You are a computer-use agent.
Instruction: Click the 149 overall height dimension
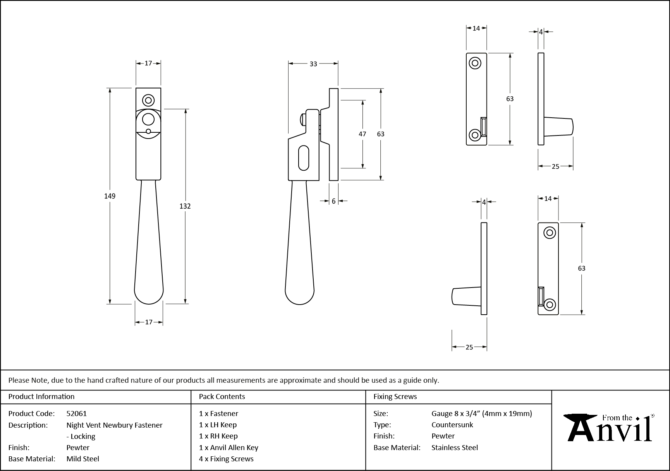click(x=110, y=196)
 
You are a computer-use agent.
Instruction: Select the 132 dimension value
click(x=185, y=206)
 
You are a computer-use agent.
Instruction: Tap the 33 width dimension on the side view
click(x=313, y=64)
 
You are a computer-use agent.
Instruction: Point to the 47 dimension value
click(x=362, y=134)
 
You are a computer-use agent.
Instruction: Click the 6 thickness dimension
click(x=333, y=201)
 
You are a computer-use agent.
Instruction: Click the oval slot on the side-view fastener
click(x=304, y=158)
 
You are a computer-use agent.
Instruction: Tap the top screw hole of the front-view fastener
click(x=148, y=100)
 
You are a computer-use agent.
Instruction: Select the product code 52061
click(x=77, y=413)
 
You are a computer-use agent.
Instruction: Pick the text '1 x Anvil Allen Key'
click(x=228, y=447)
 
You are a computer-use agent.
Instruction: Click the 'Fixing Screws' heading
click(x=395, y=396)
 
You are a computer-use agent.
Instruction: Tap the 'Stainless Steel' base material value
click(x=455, y=447)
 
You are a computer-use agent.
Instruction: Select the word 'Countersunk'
click(x=452, y=425)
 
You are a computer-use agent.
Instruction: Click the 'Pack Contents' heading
click(x=222, y=396)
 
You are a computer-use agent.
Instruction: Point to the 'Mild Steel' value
click(x=83, y=459)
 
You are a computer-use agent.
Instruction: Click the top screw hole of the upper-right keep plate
click(x=475, y=63)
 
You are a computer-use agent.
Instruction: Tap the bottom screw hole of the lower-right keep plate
click(x=550, y=305)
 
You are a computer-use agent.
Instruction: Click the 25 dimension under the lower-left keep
click(x=469, y=347)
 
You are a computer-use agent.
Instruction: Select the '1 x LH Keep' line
click(x=218, y=425)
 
